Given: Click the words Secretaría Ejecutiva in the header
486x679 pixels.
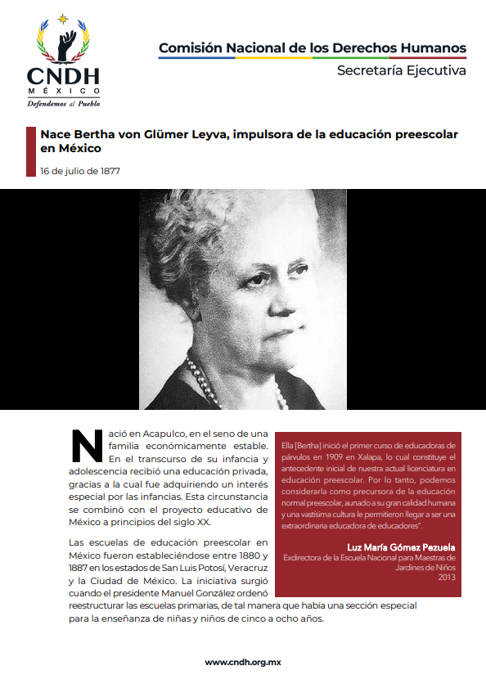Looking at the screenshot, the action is [401, 70].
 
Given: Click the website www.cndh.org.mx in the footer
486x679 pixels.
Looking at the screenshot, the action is [242, 662].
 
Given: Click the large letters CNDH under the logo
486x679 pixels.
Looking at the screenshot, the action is [63, 76].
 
